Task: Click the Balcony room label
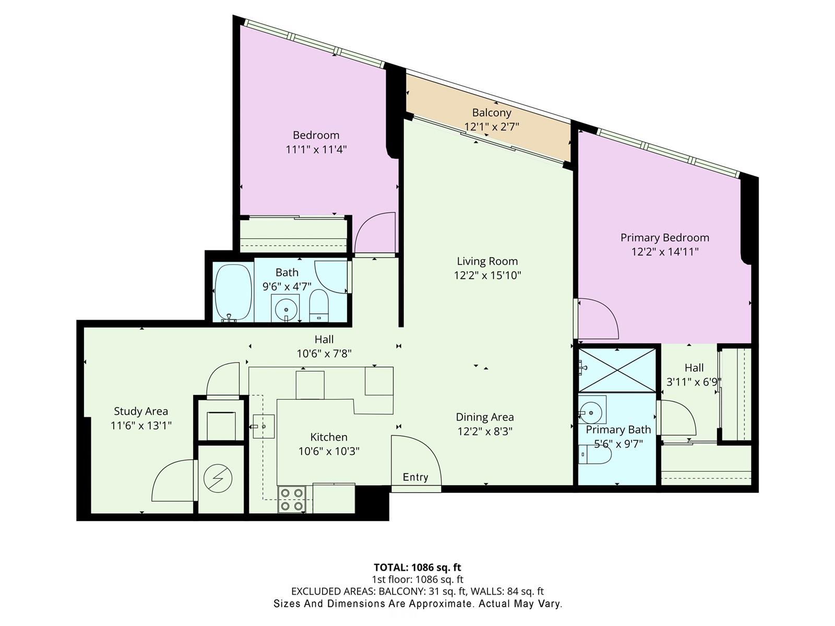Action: [x=492, y=113]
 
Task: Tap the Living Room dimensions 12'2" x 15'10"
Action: [x=487, y=275]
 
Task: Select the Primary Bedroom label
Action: [x=664, y=237]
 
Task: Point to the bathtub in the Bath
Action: [x=233, y=292]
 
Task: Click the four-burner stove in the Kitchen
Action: [x=291, y=499]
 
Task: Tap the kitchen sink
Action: [x=264, y=426]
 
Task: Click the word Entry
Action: [x=415, y=477]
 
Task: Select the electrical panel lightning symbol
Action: [x=218, y=478]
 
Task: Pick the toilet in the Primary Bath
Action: [x=594, y=454]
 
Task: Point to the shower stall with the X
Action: [x=617, y=370]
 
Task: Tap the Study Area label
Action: [x=141, y=411]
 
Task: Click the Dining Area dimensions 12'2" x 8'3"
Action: [x=485, y=431]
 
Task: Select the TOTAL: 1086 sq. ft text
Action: [x=417, y=568]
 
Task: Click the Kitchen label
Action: [x=329, y=437]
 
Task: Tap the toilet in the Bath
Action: [x=319, y=306]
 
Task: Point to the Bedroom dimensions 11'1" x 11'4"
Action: [x=316, y=149]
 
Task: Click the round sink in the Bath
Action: [x=285, y=307]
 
